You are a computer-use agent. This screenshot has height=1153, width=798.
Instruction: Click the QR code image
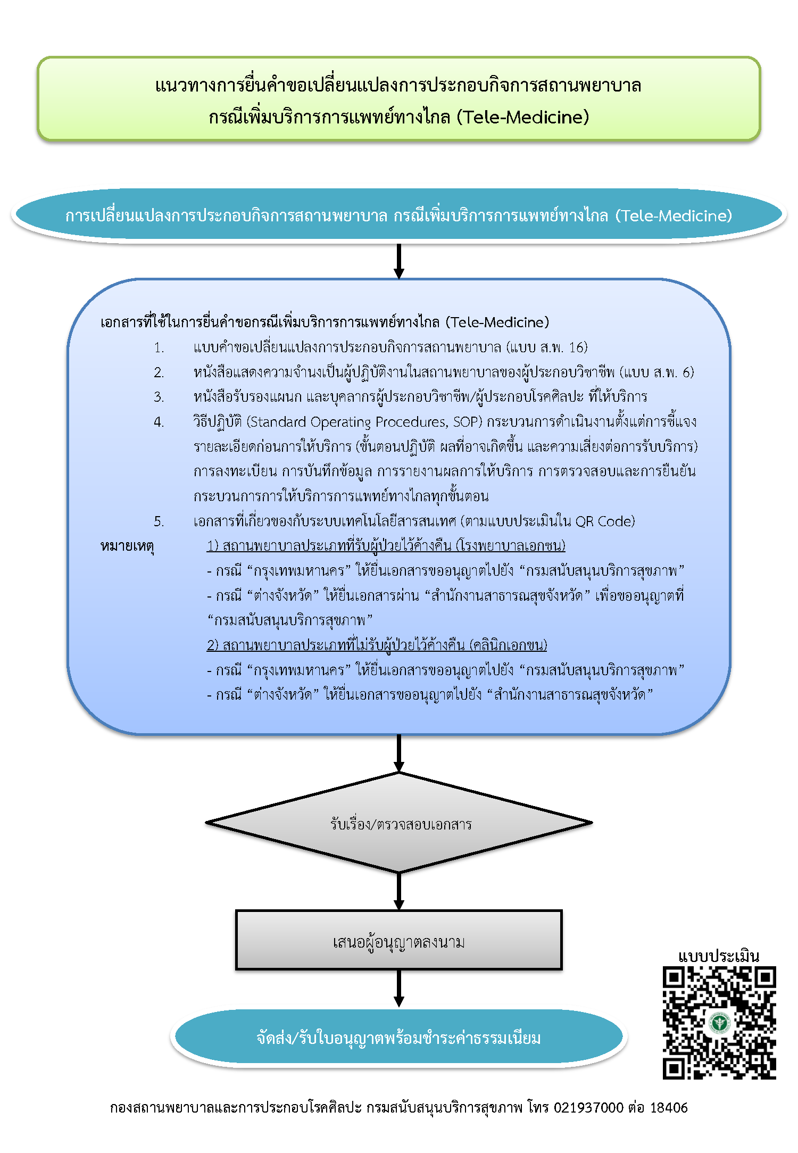coord(719,1023)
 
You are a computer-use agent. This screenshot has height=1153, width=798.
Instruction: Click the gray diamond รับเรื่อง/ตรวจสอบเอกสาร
coord(399,823)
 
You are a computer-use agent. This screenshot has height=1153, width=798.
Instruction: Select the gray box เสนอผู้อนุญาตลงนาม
coord(399,942)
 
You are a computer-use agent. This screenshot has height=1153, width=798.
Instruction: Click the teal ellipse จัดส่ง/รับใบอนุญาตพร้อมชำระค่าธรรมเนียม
coord(399,1038)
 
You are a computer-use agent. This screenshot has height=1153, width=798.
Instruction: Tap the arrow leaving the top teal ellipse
coord(399,261)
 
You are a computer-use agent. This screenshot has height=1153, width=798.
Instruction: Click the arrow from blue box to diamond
coord(399,753)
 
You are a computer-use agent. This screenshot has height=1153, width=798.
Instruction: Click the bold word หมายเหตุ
coord(127,546)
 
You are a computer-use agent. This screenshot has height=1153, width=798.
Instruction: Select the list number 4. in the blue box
coord(159,422)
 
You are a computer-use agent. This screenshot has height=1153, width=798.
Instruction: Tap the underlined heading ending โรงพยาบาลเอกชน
coord(386,546)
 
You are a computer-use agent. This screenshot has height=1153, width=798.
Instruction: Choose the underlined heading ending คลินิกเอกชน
coord(377,645)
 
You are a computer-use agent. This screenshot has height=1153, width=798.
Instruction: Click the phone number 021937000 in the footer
coord(588,1108)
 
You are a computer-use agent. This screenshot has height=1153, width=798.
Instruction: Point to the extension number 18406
coord(669,1108)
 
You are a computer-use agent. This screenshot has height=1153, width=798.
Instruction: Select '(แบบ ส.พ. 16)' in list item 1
coord(547,348)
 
